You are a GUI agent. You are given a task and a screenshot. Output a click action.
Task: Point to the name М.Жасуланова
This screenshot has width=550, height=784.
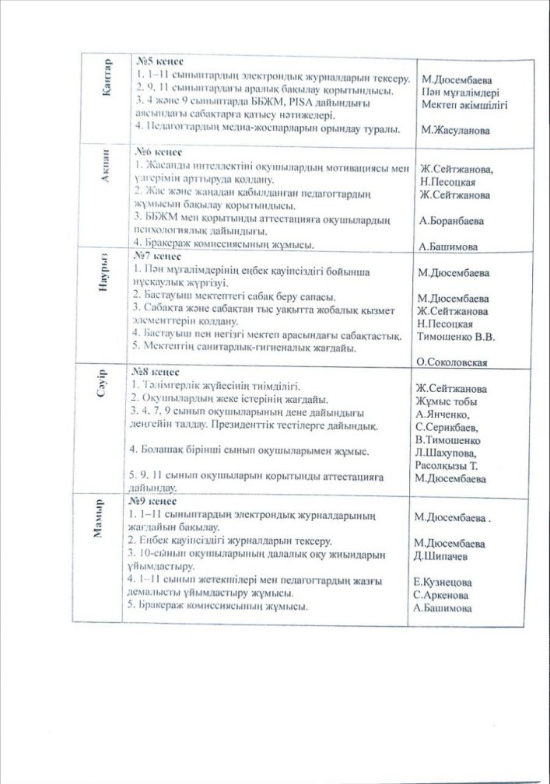tap(456, 131)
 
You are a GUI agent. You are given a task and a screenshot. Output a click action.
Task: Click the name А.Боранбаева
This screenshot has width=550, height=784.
tap(450, 221)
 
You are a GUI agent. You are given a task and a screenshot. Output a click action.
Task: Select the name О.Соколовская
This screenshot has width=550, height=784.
tap(452, 362)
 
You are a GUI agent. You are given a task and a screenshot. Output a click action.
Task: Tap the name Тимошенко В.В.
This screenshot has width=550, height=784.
tap(456, 337)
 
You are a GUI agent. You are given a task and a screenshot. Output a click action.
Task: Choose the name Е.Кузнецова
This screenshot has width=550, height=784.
tap(447, 583)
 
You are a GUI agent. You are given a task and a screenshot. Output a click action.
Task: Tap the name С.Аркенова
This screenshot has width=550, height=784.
tap(445, 595)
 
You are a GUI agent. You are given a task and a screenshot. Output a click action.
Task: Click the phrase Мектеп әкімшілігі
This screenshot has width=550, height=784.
tap(464, 104)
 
